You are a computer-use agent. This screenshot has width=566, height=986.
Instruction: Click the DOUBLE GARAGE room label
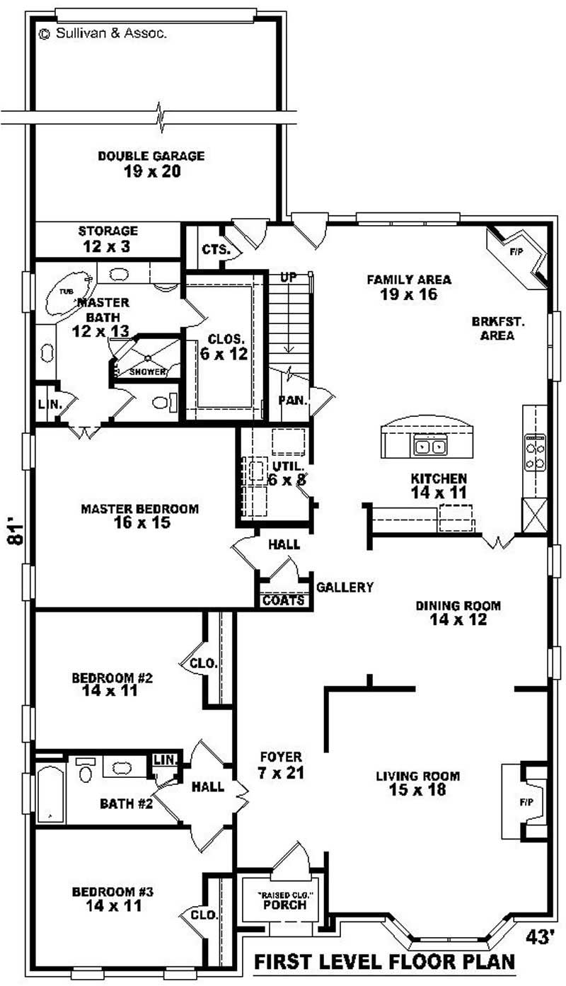(151, 164)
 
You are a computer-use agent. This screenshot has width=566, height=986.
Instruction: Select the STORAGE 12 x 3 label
(108, 239)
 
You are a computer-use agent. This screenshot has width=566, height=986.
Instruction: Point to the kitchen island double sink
(430, 447)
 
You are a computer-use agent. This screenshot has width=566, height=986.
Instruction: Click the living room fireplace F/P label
(526, 803)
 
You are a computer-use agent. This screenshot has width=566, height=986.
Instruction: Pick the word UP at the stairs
(288, 277)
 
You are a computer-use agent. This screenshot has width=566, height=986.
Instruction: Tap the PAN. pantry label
(292, 400)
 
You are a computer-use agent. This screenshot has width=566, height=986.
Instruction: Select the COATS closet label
(283, 601)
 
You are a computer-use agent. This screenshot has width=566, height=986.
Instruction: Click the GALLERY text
(345, 587)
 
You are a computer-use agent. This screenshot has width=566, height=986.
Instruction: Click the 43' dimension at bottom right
(540, 936)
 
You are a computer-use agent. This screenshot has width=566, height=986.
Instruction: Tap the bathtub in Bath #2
(50, 793)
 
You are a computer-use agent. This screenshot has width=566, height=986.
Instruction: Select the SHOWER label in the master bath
(147, 371)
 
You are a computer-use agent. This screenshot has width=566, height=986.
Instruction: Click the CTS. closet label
(216, 249)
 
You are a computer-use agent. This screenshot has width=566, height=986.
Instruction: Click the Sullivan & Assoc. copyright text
(104, 33)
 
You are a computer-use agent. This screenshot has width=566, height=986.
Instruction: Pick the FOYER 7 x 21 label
(280, 764)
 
